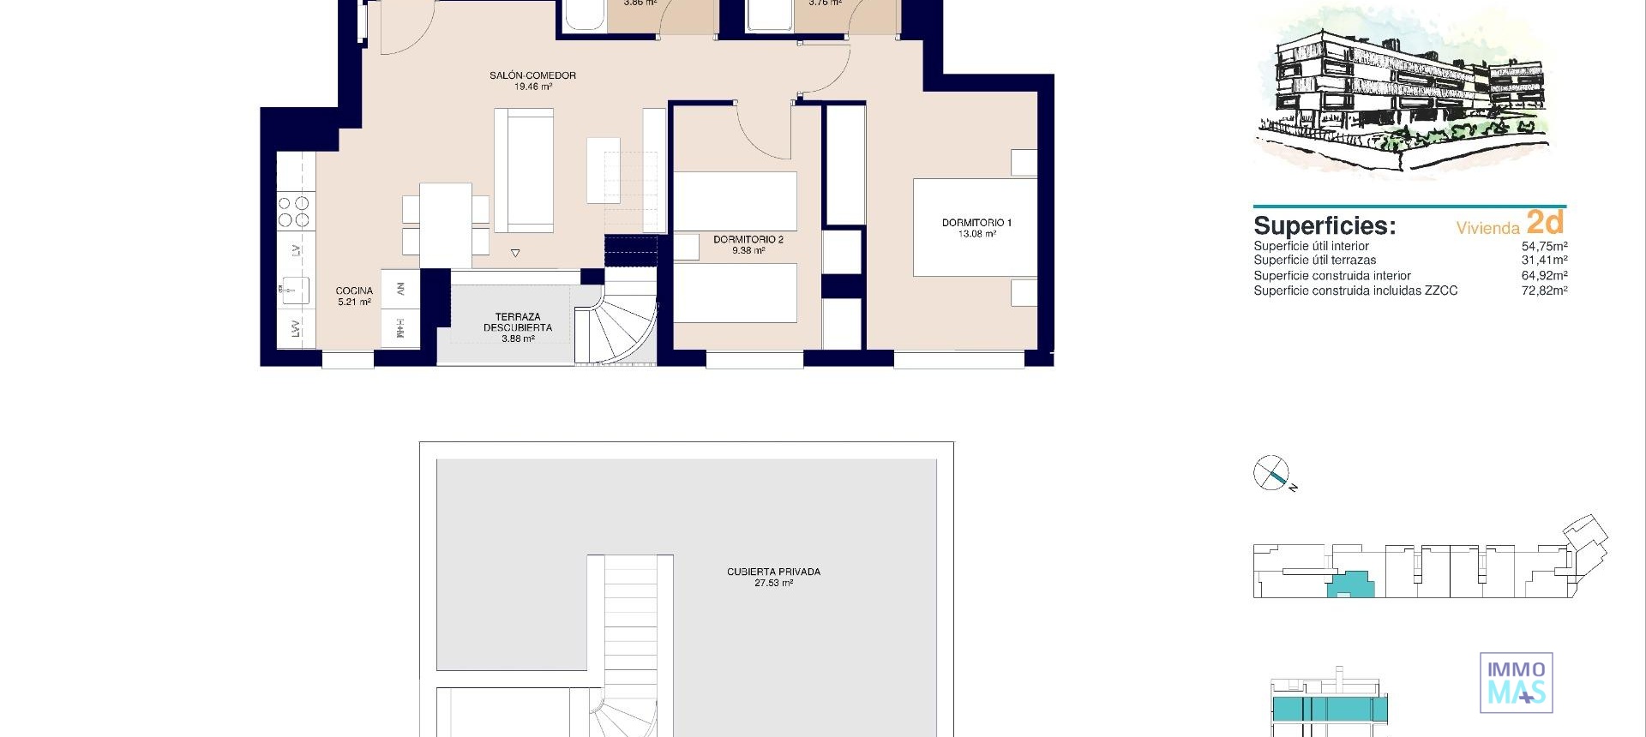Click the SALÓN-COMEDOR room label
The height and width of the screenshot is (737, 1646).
pyautogui.click(x=532, y=76)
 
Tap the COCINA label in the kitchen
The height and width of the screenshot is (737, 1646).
pyautogui.click(x=354, y=291)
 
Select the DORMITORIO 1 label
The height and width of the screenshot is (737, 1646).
pyautogui.click(x=976, y=223)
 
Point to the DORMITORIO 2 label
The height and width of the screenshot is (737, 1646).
pyautogui.click(x=748, y=240)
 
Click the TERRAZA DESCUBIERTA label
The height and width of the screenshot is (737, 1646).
pyautogui.click(x=518, y=322)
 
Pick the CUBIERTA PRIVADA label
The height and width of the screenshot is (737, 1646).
pyautogui.click(x=773, y=572)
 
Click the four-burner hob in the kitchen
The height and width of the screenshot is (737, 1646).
pyautogui.click(x=294, y=212)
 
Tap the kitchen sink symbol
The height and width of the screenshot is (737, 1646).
pyautogui.click(x=295, y=291)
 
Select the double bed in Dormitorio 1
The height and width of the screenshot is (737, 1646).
pyautogui.click(x=975, y=227)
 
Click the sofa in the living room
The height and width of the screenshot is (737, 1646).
pyautogui.click(x=524, y=170)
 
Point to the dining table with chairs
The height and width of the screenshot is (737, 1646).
pyautogui.click(x=445, y=224)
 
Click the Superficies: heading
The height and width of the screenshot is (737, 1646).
pyautogui.click(x=1325, y=226)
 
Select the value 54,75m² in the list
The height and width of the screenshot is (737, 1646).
pyautogui.click(x=1544, y=246)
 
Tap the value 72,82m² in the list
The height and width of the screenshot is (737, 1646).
pyautogui.click(x=1544, y=291)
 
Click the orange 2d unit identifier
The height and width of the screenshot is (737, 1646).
pyautogui.click(x=1546, y=222)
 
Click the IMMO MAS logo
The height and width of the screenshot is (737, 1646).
pyautogui.click(x=1516, y=683)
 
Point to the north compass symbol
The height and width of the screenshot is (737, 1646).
pyautogui.click(x=1271, y=472)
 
